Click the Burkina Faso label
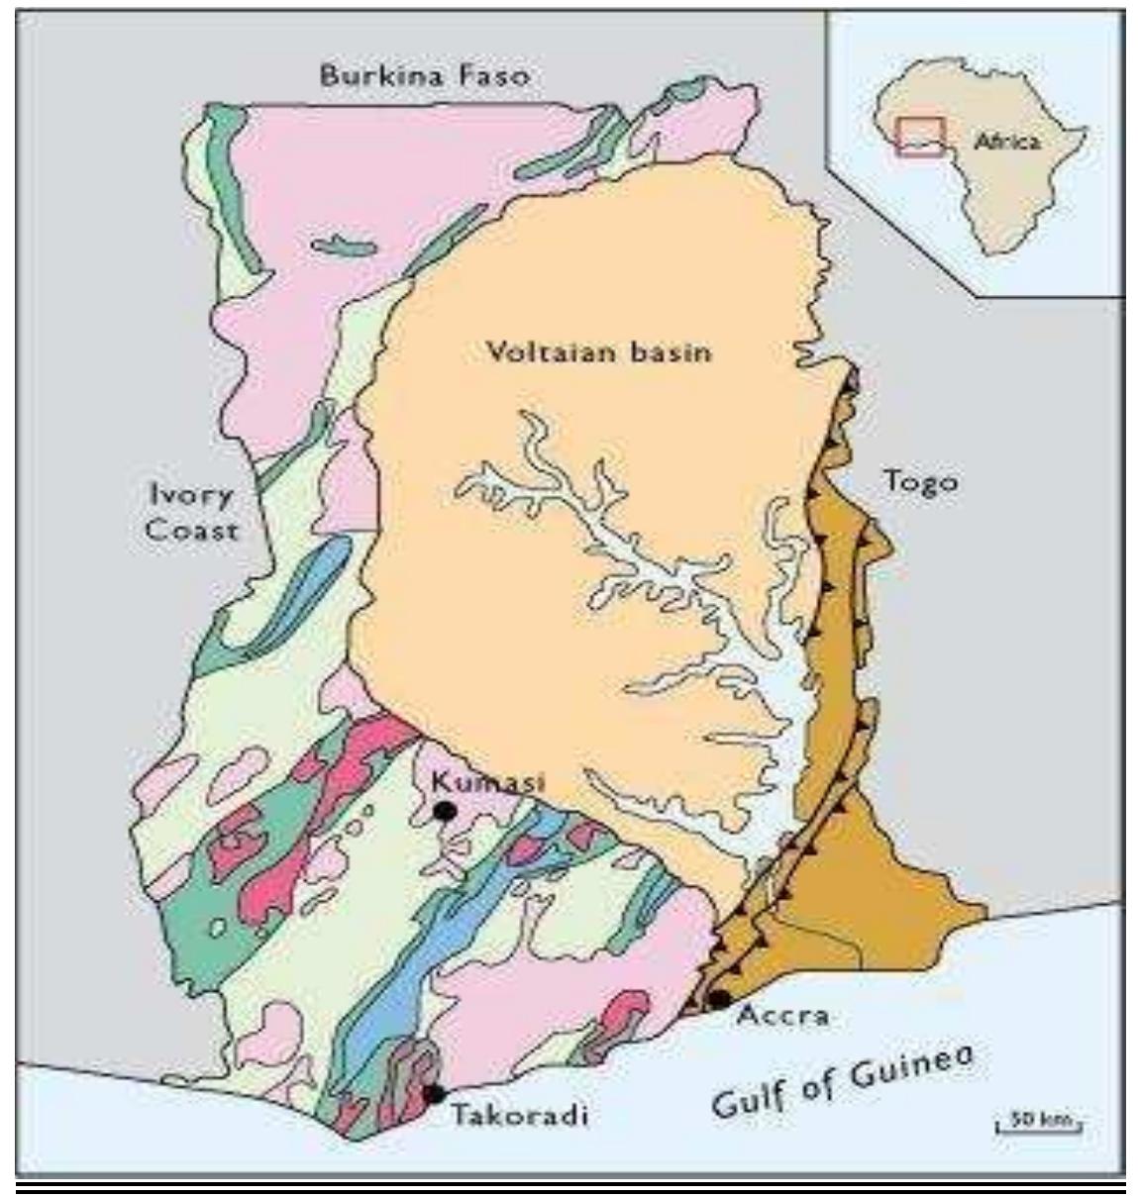425,75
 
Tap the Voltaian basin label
599,351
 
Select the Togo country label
920,482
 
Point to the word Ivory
191,496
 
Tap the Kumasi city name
487,781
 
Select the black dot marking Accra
720,999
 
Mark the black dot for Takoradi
433,1094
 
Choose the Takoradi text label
520,1115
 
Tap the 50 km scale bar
1038,1123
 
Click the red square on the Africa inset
920,136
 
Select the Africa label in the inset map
1007,142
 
